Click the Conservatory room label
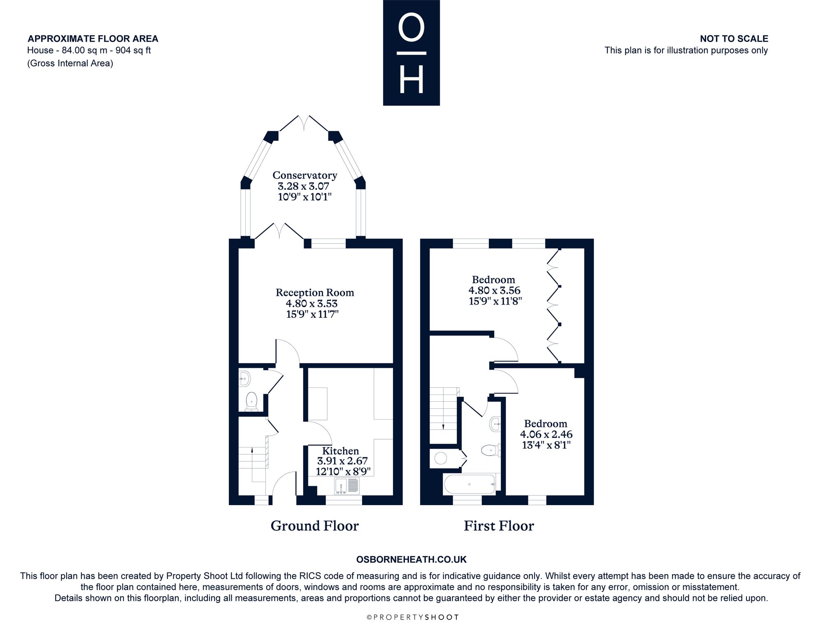point(305,175)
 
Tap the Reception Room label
point(315,293)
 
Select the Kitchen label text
point(340,451)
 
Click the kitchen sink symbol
point(347,486)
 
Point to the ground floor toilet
point(251,401)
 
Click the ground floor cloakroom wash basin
point(244,378)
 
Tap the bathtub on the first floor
point(469,484)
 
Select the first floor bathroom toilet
point(491,450)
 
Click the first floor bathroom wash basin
point(495,424)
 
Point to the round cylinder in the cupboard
point(441,458)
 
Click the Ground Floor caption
point(315,526)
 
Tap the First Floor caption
point(499,526)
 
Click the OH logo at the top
point(411,53)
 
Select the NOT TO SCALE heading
point(734,39)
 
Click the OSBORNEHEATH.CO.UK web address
point(411,559)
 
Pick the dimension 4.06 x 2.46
point(546,434)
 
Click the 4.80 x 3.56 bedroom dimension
point(494,290)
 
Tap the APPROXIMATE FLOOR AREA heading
point(93,39)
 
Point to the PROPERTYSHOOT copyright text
point(412,617)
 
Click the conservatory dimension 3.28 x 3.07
point(304,186)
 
